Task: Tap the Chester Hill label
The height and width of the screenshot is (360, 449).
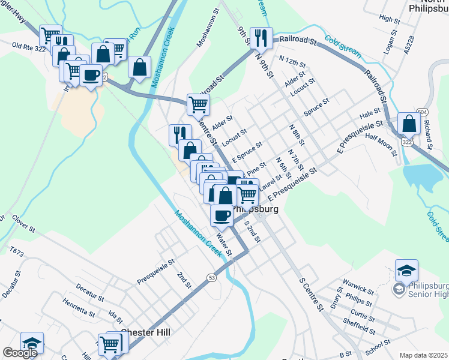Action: (x=146, y=332)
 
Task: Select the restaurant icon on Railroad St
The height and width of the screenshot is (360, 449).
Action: (x=261, y=37)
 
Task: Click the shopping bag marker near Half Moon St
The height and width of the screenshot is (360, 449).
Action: (x=409, y=124)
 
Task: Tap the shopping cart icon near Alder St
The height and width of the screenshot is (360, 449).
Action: (x=198, y=104)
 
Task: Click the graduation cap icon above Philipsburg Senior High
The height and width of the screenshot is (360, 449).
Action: (x=406, y=269)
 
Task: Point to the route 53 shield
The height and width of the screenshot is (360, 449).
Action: (x=211, y=277)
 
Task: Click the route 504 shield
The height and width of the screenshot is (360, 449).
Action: (x=423, y=112)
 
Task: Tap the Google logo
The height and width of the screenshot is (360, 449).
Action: (x=20, y=352)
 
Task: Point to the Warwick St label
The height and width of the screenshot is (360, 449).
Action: (x=358, y=281)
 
